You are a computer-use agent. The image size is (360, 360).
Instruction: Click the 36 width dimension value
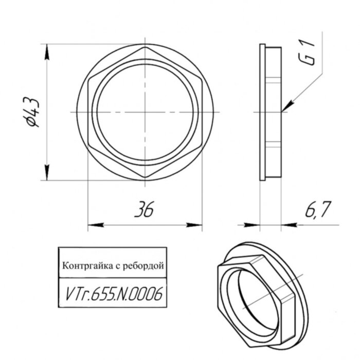144,210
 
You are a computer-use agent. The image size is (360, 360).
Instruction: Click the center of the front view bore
145,112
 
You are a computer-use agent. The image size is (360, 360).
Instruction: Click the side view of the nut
273,112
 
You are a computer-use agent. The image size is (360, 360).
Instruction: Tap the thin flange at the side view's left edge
262,112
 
